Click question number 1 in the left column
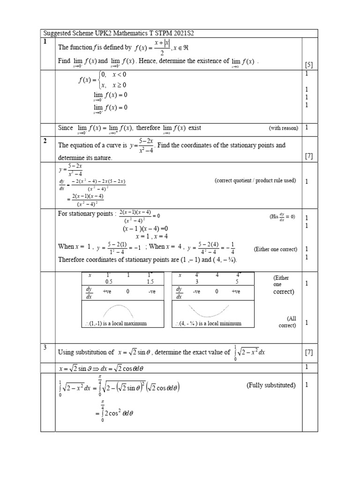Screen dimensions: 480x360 click(x=45, y=42)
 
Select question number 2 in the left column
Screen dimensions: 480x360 click(x=45, y=141)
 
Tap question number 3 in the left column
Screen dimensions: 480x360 click(x=45, y=347)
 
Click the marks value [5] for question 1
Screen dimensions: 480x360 click(x=309, y=64)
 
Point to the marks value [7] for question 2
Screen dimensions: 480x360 click(x=309, y=156)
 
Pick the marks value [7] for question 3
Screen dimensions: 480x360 click(x=309, y=352)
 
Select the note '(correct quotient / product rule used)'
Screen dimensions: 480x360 click(x=255, y=181)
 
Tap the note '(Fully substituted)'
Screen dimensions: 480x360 click(x=271, y=385)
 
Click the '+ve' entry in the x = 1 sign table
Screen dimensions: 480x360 click(x=108, y=292)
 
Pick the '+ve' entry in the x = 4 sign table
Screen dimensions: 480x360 click(x=235, y=292)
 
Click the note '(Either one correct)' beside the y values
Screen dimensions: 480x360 click(x=275, y=249)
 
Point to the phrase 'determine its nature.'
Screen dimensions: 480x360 click(x=85, y=158)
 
